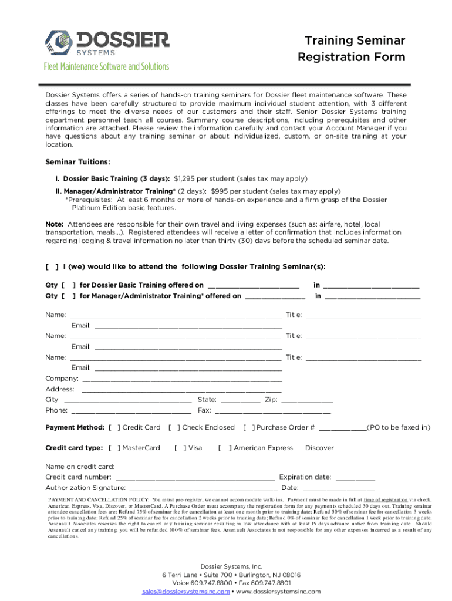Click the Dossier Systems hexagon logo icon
click(x=58, y=42)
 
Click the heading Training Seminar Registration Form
click(x=351, y=49)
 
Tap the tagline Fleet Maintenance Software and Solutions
click(x=106, y=67)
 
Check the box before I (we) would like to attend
click(x=52, y=266)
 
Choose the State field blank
click(x=241, y=400)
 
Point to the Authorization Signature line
click(x=203, y=488)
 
